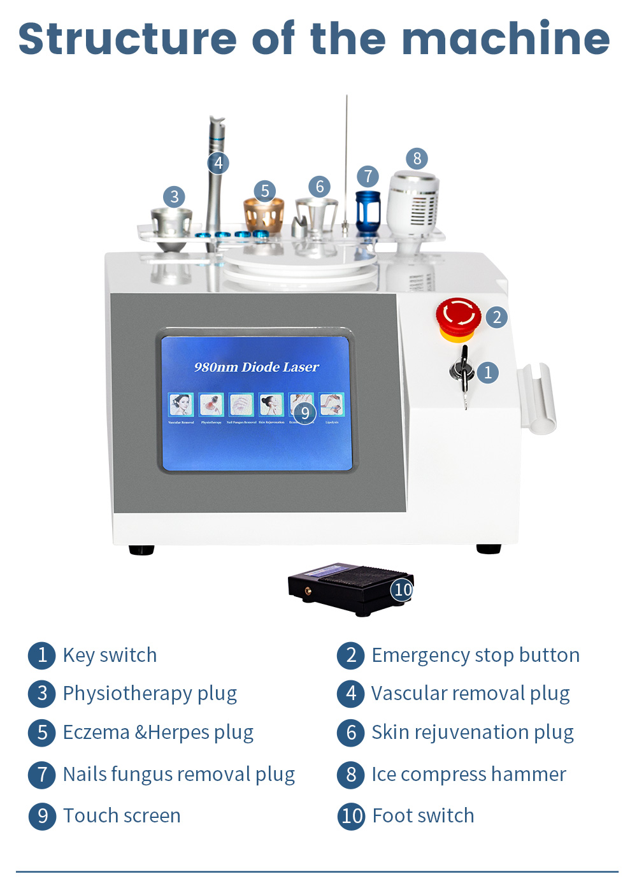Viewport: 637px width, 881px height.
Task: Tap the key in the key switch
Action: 464,373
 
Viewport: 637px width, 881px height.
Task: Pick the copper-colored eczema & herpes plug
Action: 264,215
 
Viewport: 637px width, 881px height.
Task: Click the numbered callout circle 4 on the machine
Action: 218,163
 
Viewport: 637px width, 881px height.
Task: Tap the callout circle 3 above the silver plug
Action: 174,197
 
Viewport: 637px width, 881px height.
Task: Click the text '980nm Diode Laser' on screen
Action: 256,367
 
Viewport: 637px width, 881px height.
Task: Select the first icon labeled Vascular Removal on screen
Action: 181,405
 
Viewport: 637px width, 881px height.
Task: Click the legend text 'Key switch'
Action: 110,655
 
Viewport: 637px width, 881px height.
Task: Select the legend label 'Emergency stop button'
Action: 475,655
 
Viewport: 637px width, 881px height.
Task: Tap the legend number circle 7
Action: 42,774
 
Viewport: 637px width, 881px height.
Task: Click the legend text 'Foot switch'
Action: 423,815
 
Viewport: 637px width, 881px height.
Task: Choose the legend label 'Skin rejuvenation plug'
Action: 472,732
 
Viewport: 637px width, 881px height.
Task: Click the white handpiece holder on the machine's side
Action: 536,398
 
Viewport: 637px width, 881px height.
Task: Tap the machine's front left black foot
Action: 141,550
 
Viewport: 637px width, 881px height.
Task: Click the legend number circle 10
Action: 352,815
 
